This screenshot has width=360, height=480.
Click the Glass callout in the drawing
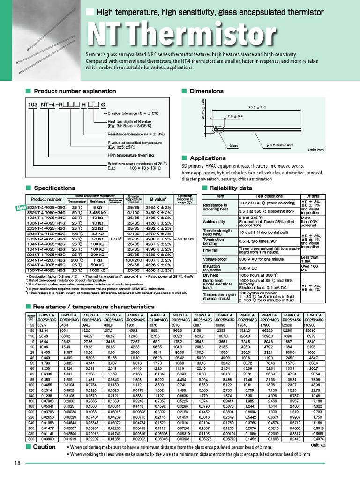coord(233,146)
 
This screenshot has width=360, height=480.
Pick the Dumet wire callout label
coord(279,146)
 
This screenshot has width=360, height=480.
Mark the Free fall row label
coord(210,250)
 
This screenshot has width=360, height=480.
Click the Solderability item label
coord(214,221)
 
